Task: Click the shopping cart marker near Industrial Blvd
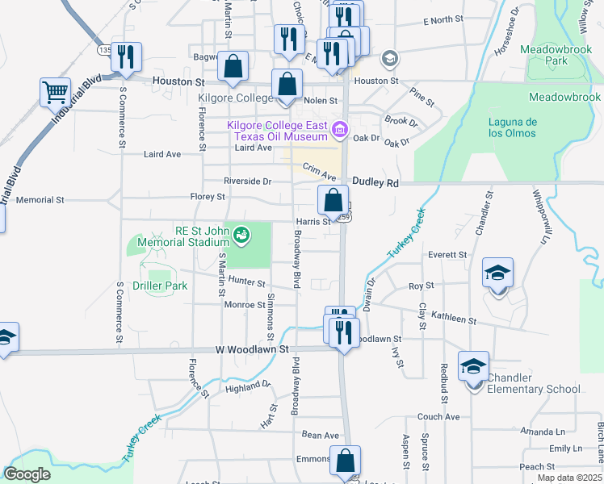(x=56, y=92)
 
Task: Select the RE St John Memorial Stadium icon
(x=241, y=236)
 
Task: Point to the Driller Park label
(x=160, y=286)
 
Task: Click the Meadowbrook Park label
(x=556, y=54)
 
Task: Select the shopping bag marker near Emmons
(x=345, y=461)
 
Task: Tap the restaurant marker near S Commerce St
(x=127, y=56)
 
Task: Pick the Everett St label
(x=447, y=254)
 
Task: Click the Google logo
(x=27, y=474)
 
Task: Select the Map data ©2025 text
(x=569, y=478)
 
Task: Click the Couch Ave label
(x=438, y=417)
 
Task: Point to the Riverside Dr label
(x=249, y=181)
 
